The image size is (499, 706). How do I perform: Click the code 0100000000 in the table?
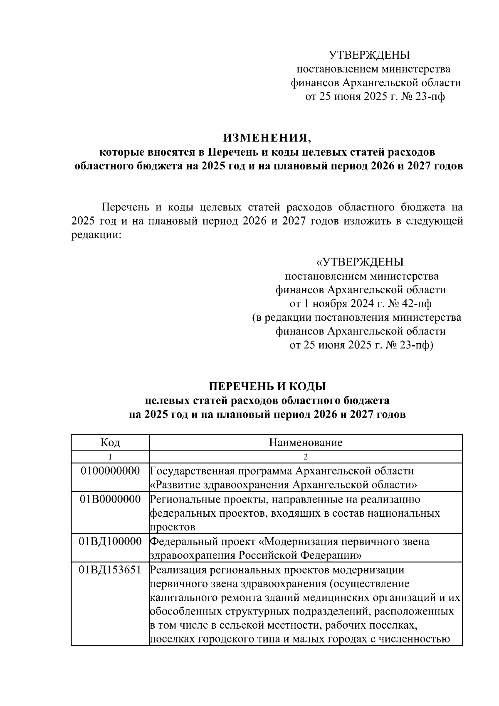(x=110, y=471)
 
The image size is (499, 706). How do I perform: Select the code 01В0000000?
(x=110, y=499)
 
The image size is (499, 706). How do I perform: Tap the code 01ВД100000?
(x=110, y=542)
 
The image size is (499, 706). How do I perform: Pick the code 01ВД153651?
(x=110, y=570)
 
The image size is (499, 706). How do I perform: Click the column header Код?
(x=110, y=442)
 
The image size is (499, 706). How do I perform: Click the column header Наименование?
(x=306, y=442)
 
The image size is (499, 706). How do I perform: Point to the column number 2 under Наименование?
(x=306, y=457)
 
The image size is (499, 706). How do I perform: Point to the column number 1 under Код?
(x=110, y=457)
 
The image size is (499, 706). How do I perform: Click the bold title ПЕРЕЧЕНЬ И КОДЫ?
(x=267, y=386)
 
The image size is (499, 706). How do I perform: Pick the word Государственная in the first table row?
(x=191, y=471)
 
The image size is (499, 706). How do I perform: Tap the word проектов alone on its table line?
(x=172, y=528)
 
